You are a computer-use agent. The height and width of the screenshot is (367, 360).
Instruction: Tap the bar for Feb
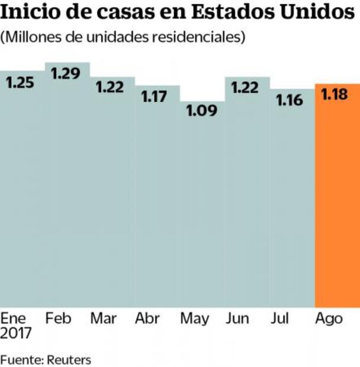[x=67, y=189]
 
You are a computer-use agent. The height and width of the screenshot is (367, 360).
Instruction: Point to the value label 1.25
[x=20, y=83]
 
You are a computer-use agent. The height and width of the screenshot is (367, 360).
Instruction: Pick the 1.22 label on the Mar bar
[x=110, y=86]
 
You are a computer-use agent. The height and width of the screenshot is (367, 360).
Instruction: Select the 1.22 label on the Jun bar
[x=245, y=87]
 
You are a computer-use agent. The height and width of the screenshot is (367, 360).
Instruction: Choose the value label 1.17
[x=155, y=96]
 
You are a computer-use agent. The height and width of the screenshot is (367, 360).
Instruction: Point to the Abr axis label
[x=147, y=318]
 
